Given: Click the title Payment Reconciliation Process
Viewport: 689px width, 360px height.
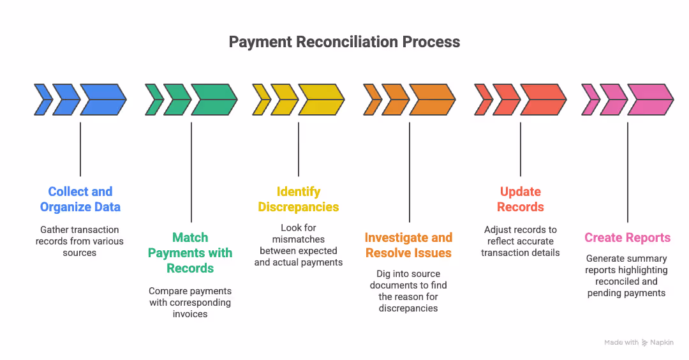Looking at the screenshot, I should (x=344, y=42).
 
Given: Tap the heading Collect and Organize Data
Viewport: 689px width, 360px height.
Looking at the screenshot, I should (x=80, y=199).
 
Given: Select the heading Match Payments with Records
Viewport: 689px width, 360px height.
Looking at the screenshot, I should (x=190, y=253).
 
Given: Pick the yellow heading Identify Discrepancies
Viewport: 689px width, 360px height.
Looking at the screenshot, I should (x=298, y=199).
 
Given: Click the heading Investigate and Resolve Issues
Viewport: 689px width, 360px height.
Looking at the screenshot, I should (x=408, y=245).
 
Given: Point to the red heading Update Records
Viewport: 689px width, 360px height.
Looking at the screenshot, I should (x=521, y=199).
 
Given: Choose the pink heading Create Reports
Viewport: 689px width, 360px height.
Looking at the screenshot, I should (x=627, y=237).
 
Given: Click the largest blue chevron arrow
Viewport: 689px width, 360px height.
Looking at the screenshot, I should (x=103, y=100).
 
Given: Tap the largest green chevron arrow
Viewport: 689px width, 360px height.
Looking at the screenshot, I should (x=214, y=100).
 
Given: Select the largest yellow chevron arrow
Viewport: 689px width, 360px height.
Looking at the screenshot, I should (x=321, y=100).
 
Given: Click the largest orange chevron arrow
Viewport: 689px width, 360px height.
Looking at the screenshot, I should (x=432, y=100).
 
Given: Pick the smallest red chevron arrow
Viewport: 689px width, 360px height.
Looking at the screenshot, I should (x=483, y=100).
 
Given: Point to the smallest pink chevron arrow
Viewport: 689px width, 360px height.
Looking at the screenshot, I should (x=590, y=100).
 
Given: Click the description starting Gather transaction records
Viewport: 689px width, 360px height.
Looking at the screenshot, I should (x=80, y=241).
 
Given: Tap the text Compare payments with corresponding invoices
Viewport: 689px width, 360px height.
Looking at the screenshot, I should (x=190, y=302).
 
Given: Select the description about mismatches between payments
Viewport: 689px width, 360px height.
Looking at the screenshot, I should (x=298, y=245).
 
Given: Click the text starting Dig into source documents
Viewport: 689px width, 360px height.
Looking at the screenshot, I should (x=408, y=291).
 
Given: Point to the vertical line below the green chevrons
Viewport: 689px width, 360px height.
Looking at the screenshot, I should (x=191, y=172).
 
